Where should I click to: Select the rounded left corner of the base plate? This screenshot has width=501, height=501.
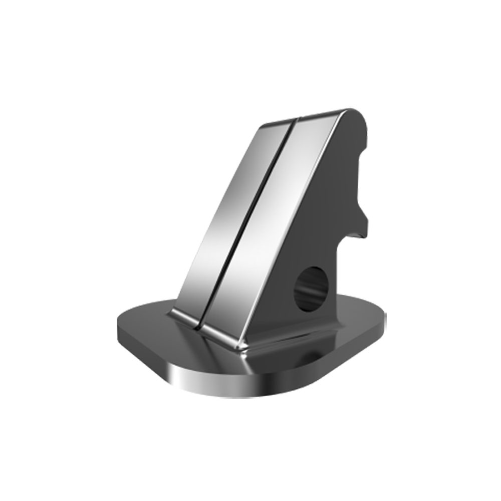[x=123, y=326]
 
